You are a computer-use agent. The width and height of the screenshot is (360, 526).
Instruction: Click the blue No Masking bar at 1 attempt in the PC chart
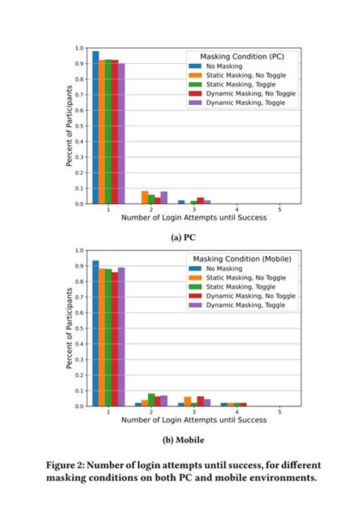pos(96,128)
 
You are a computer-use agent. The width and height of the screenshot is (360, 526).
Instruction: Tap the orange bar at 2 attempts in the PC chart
pos(144,198)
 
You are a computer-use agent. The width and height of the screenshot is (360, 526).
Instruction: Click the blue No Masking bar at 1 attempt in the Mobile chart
pos(96,334)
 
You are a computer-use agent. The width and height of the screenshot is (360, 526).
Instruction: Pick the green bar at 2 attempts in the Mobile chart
pos(151,400)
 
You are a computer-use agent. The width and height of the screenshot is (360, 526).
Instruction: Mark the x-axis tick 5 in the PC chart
pos(279,209)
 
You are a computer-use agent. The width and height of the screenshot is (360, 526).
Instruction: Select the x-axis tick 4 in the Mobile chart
pos(237,411)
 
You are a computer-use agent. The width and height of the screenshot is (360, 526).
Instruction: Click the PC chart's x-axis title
pos(194,217)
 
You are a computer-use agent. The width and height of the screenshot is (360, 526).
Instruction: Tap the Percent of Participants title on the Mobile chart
pos(68,327)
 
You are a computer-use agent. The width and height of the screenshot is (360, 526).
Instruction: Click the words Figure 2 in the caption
pos(69,464)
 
